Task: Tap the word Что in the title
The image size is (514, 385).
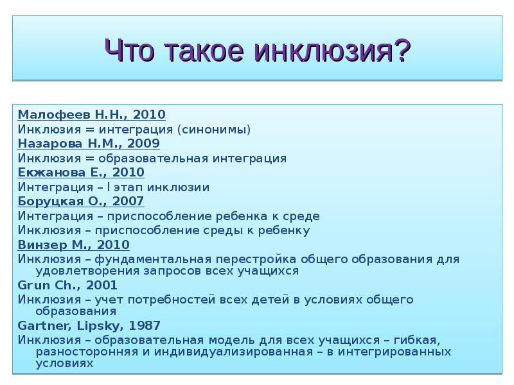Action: coord(128,49)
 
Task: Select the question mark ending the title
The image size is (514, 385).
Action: coord(402,49)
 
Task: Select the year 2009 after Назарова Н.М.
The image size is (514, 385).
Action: coord(145,143)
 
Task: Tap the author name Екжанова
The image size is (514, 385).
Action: coord(45,172)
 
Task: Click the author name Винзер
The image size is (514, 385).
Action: coord(39,244)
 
